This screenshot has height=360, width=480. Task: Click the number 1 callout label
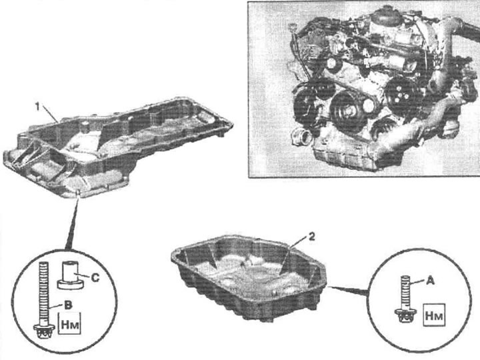tap(37, 107)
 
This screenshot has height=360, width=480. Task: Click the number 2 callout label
tap(311, 237)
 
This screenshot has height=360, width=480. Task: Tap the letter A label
tap(431, 281)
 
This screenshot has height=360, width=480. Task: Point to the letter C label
tap(95, 277)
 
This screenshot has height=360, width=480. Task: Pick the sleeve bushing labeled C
tap(71, 275)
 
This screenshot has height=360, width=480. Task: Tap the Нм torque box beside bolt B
tap(69, 323)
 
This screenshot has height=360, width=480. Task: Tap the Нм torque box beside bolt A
tap(434, 315)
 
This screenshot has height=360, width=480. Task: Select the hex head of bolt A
tap(405, 315)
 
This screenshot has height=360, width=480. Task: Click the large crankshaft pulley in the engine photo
tap(347, 111)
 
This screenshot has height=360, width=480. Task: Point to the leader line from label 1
tap(50, 114)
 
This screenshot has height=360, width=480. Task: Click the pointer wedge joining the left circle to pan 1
tap(73, 223)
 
